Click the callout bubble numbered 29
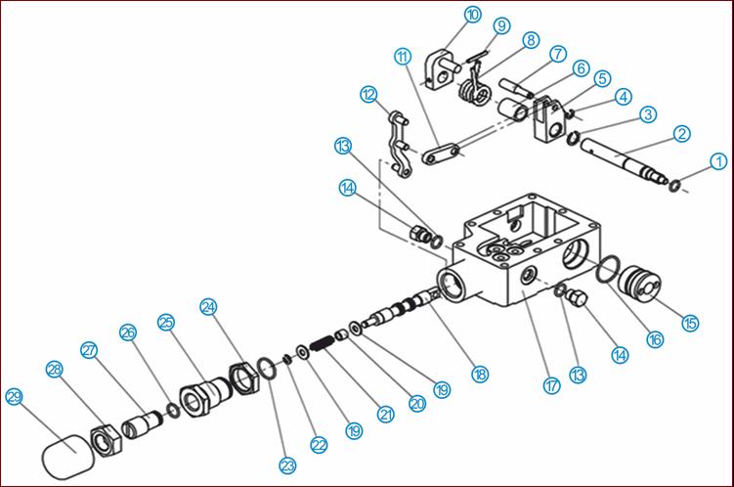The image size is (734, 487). pyautogui.click(x=14, y=397)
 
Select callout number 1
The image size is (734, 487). pyautogui.click(x=718, y=161)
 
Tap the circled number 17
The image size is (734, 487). pyautogui.click(x=552, y=385)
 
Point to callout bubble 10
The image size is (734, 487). pyautogui.click(x=473, y=15)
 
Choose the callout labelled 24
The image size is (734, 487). pyautogui.click(x=208, y=307)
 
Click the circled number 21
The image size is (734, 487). pyautogui.click(x=386, y=414)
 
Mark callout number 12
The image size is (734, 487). pyautogui.click(x=368, y=95)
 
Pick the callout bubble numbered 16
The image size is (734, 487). pyautogui.click(x=656, y=339)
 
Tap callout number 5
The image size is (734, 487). pyautogui.click(x=603, y=78)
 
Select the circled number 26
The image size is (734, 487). pyautogui.click(x=128, y=332)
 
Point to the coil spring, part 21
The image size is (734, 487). pyautogui.click(x=323, y=344)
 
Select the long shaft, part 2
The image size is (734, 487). pyautogui.click(x=625, y=161)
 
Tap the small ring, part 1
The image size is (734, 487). pyautogui.click(x=674, y=186)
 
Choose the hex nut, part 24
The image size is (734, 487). pyautogui.click(x=244, y=378)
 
